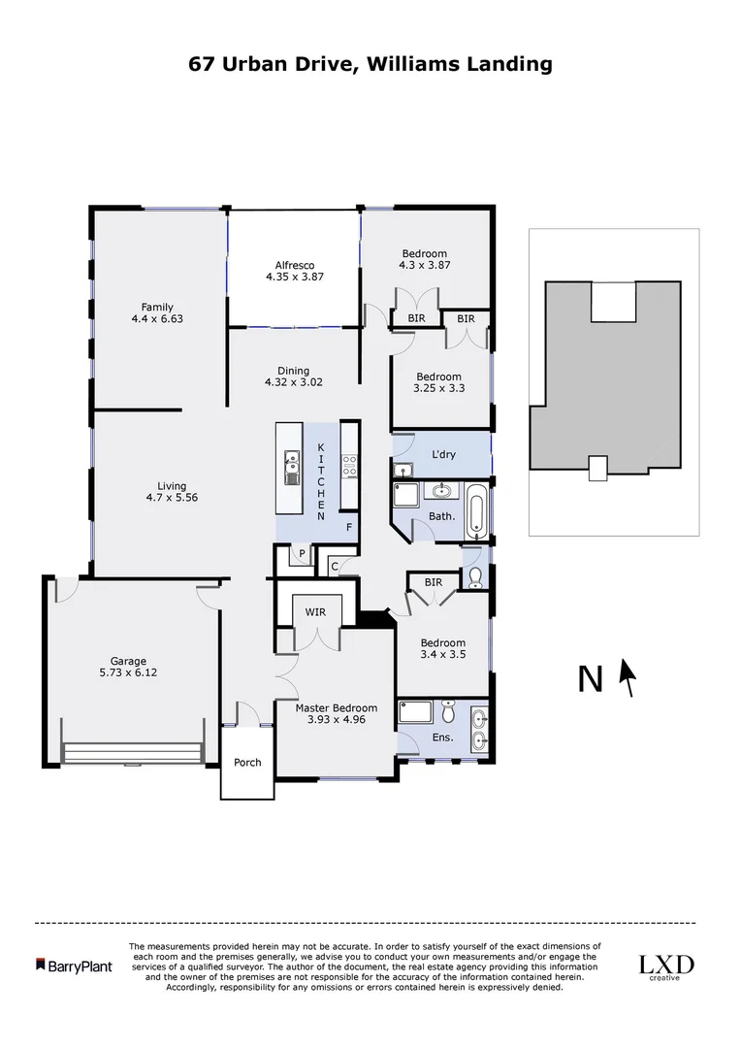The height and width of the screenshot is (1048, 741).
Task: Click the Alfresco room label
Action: coord(294,265)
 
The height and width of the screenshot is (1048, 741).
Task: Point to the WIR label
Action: coord(315,612)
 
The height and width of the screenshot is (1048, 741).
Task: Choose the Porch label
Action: coord(247,762)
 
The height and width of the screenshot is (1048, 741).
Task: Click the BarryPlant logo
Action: coord(74,966)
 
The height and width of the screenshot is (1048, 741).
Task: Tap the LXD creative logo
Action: coord(665,966)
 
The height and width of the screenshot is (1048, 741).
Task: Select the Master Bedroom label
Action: coord(336,707)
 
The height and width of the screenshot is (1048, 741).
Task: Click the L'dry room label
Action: coord(443,455)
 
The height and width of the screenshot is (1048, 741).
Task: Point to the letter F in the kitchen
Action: coord(349,528)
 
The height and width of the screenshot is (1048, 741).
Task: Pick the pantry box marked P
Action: coord(302,556)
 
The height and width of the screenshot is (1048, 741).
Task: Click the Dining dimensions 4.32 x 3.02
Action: coord(293,382)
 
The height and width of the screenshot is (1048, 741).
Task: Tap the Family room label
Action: coord(157,307)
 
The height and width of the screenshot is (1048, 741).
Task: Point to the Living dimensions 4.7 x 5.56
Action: coord(173,499)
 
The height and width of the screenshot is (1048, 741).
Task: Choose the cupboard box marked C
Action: coord(334,566)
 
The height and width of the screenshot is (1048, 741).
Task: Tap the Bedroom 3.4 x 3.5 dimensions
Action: coord(442,655)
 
